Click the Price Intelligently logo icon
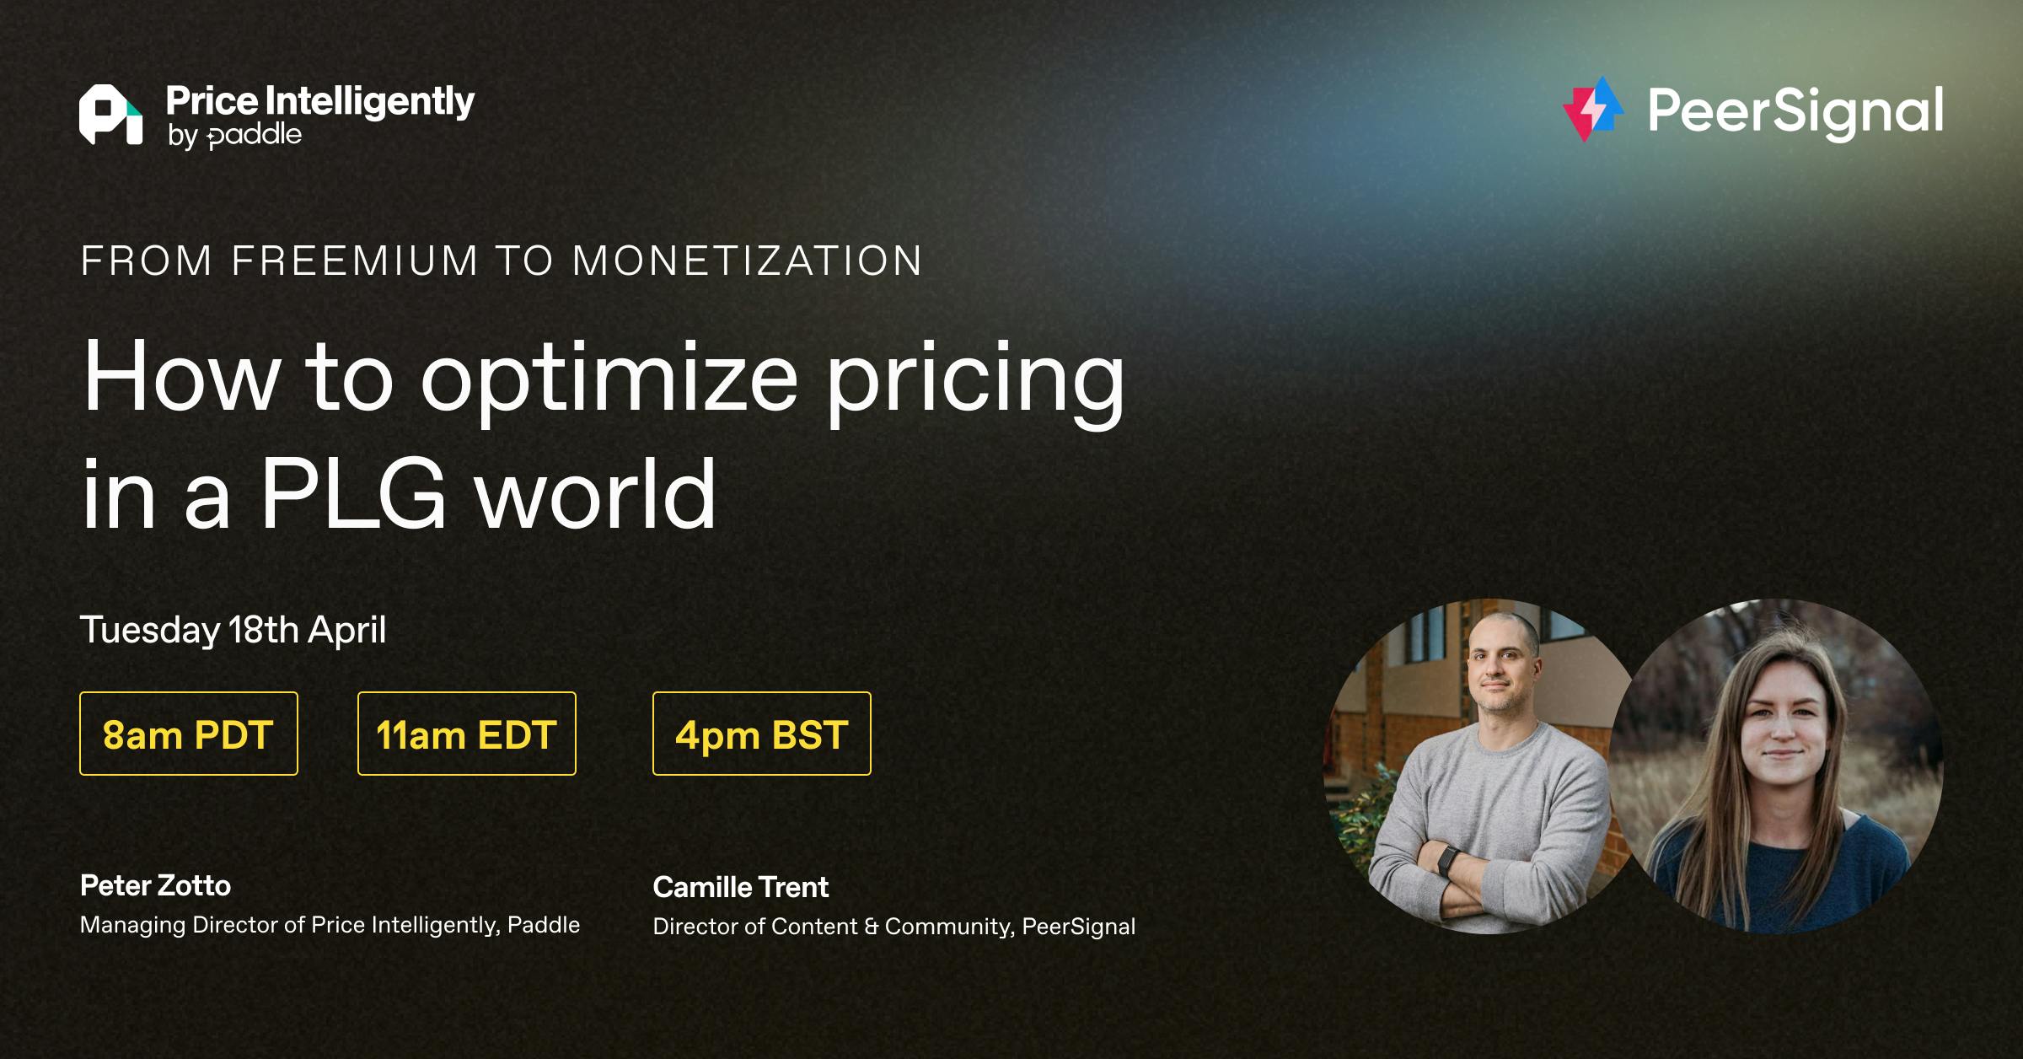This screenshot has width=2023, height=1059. click(110, 115)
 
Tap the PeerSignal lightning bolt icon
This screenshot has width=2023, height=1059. click(1592, 110)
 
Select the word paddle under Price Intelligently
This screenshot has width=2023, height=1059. click(254, 136)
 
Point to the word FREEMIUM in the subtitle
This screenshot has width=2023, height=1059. click(355, 261)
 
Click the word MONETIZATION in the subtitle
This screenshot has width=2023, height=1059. click(747, 261)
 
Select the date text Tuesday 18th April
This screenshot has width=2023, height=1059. click(233, 631)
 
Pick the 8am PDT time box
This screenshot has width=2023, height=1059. click(189, 734)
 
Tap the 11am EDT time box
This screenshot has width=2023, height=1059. click(467, 734)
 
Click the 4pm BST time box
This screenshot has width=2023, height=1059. click(762, 734)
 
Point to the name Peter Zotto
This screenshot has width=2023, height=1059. click(155, 885)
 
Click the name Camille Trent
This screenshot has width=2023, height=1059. click(741, 887)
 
